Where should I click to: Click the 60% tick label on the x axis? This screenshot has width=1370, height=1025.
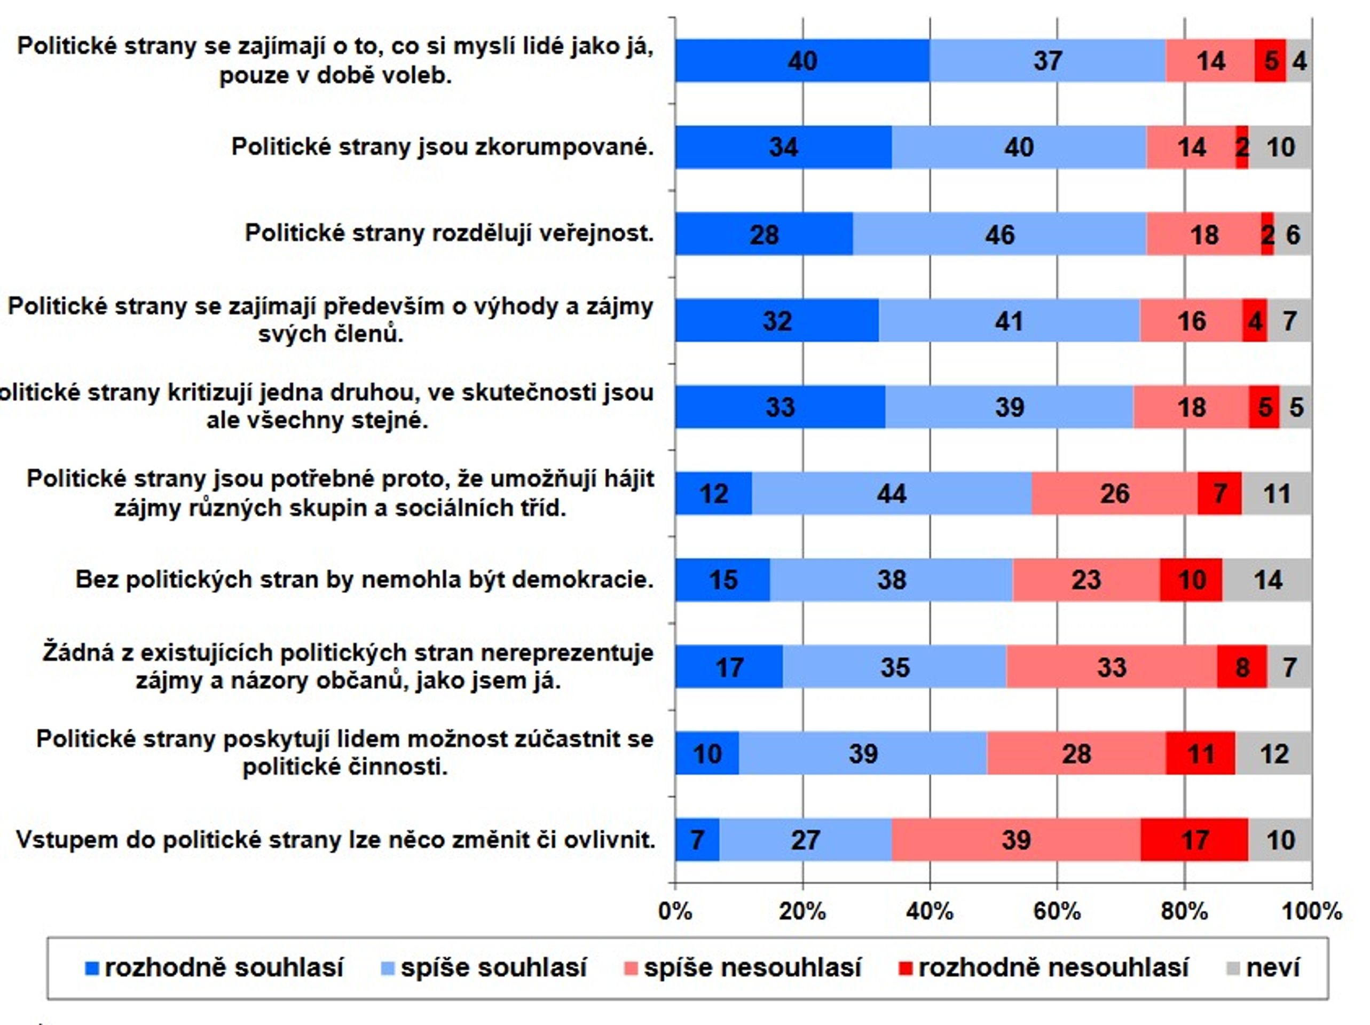pyautogui.click(x=1057, y=911)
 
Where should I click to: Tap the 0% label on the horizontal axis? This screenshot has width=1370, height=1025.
pyautogui.click(x=675, y=911)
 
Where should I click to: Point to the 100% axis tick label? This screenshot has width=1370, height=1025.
pyautogui.click(x=1311, y=911)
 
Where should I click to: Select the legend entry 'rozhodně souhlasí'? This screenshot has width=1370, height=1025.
pyautogui.click(x=214, y=968)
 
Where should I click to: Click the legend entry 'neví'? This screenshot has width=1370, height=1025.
pyautogui.click(x=1263, y=968)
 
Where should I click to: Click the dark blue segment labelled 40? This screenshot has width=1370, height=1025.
pyautogui.click(x=802, y=61)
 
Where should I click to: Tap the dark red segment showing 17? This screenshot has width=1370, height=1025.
pyautogui.click(x=1194, y=840)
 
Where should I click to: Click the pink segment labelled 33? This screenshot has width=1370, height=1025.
pyautogui.click(x=1112, y=667)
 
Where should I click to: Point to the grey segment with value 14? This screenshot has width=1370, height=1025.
pyautogui.click(x=1267, y=580)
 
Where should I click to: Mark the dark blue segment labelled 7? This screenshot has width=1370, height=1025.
pyautogui.click(x=697, y=840)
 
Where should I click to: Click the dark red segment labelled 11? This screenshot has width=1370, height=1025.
pyautogui.click(x=1200, y=753)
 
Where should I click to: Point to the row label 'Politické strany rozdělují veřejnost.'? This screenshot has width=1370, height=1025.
pyautogui.click(x=450, y=233)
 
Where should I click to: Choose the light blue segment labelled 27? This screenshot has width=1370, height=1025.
pyautogui.click(x=806, y=840)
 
